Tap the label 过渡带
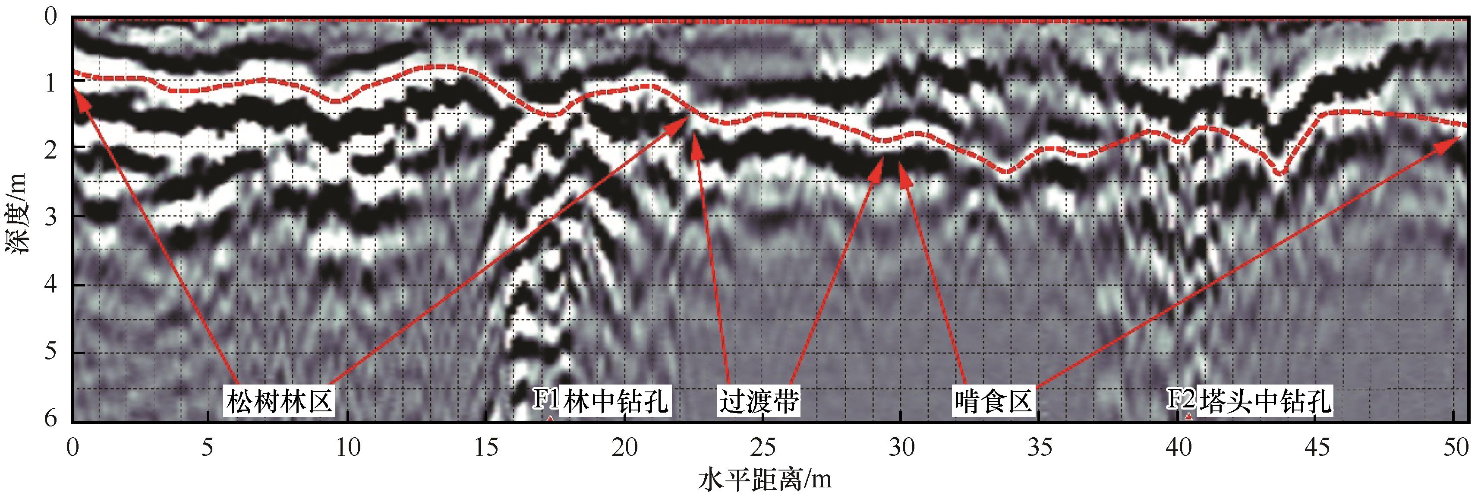tap(759, 401)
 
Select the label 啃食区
tap(993, 401)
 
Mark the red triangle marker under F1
tap(550, 419)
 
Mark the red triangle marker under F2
tap(1188, 417)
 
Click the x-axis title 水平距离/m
tap(765, 479)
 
